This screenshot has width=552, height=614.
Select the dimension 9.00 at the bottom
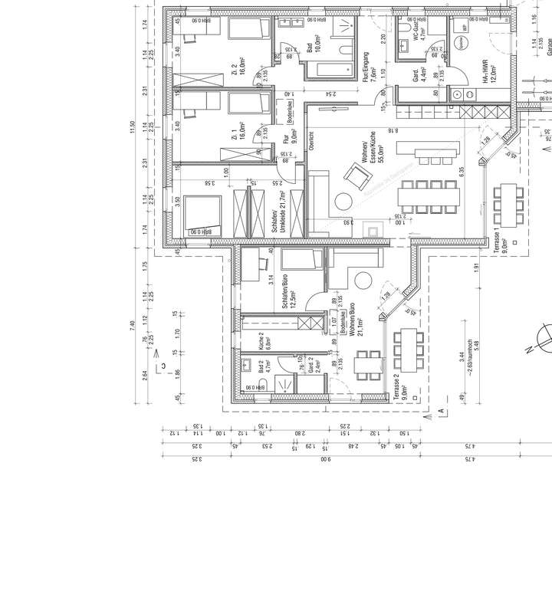[x=324, y=460]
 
